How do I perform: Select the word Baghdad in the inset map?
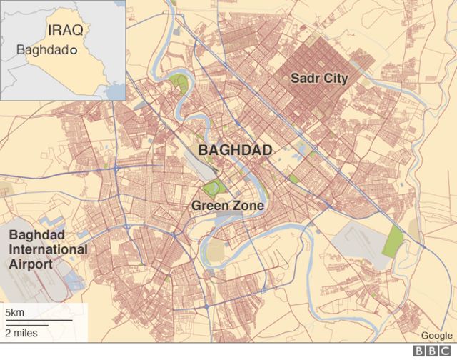[x=41, y=51]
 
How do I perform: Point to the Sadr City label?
[x=318, y=79]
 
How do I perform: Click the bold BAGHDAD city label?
[x=235, y=150]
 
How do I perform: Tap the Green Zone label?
[x=228, y=206]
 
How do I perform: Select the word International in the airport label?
[x=48, y=250]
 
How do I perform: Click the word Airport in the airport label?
[x=30, y=264]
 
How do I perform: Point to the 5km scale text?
[x=15, y=314]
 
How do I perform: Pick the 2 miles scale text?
[x=21, y=332]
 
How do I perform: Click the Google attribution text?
[x=436, y=336]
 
